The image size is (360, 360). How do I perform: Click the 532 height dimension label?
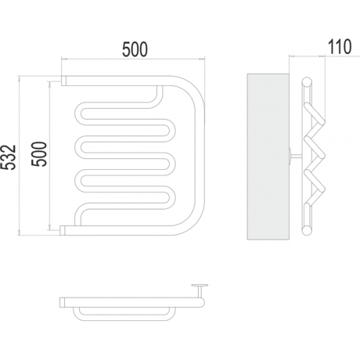click(8, 157)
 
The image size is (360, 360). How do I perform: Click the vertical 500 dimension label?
click(39, 154)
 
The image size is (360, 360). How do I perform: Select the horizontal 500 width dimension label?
click(135, 49)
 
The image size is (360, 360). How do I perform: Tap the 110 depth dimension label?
click(339, 47)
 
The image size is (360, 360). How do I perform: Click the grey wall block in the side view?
click(268, 157)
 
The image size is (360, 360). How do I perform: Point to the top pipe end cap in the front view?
click(64, 81)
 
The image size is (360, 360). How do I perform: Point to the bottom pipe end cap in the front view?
click(62, 230)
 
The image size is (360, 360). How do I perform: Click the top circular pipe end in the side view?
click(307, 82)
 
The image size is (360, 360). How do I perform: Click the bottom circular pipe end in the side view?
click(307, 230)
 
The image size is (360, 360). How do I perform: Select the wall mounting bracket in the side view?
click(296, 156)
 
